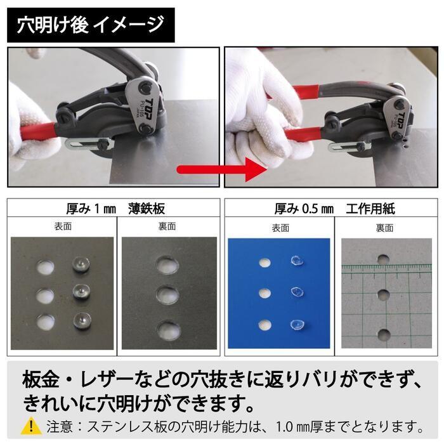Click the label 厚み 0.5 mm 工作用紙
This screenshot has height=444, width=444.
pyautogui.click(x=334, y=209)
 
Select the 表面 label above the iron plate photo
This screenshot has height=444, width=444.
pyautogui.click(x=63, y=226)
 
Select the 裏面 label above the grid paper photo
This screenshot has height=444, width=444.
pyautogui.click(x=384, y=226)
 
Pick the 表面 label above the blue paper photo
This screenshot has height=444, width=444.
pyautogui.click(x=280, y=226)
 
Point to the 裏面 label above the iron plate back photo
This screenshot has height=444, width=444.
pyautogui.click(x=167, y=226)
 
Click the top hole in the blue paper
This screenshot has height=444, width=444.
pyautogui.click(x=263, y=261)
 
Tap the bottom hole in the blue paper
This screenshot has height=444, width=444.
pyautogui.click(x=263, y=323)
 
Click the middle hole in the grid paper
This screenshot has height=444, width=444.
pyautogui.click(x=382, y=295)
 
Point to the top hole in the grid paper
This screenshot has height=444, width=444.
pyautogui.click(x=382, y=258)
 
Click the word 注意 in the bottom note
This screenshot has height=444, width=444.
pyautogui.click(x=57, y=425)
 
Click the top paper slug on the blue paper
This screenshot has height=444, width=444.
pyautogui.click(x=297, y=261)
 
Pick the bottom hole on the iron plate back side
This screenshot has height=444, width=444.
pyautogui.click(x=168, y=329)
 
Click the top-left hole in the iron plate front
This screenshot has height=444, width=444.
pyautogui.click(x=46, y=268)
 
